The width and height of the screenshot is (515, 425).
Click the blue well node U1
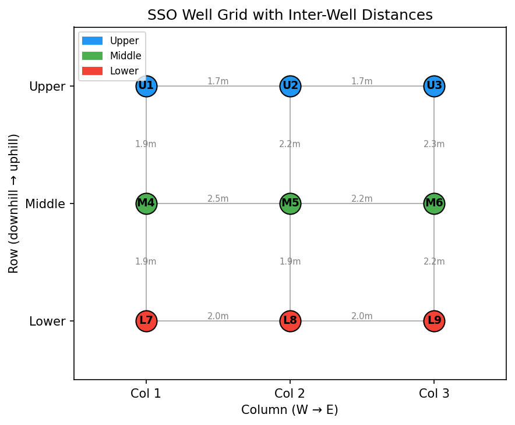(x=146, y=86)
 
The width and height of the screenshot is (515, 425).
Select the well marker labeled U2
(x=290, y=86)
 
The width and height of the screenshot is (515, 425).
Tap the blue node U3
(x=434, y=86)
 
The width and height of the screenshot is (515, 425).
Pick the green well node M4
(x=146, y=203)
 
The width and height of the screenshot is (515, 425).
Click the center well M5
(x=290, y=203)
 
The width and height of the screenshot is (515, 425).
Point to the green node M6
(x=434, y=203)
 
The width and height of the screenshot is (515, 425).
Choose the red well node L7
(x=146, y=321)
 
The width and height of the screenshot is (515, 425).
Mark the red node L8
(x=290, y=321)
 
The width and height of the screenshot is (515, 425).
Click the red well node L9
(x=434, y=321)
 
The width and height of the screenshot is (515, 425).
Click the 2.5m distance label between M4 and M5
(x=218, y=199)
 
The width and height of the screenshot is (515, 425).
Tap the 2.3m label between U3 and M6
(x=434, y=144)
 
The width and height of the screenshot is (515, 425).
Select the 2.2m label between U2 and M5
(x=290, y=144)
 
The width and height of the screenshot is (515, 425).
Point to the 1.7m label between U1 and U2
(x=218, y=81)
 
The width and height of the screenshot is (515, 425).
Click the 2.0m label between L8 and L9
(x=362, y=316)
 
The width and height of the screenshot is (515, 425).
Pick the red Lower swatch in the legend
(x=92, y=71)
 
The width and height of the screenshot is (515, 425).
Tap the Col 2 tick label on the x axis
(x=290, y=394)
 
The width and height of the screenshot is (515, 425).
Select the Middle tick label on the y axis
(x=45, y=204)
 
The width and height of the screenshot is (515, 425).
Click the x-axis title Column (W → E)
(x=290, y=410)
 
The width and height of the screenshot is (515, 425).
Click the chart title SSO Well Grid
(x=290, y=15)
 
